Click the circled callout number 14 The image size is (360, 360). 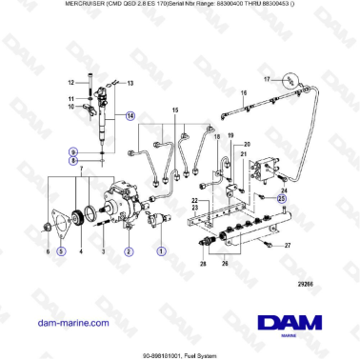[130, 115]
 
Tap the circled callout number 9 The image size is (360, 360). [73, 150]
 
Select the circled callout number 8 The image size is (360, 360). [73, 161]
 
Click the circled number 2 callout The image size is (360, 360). [128, 251]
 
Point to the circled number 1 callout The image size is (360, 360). [162, 251]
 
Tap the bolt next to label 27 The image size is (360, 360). [267, 245]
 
